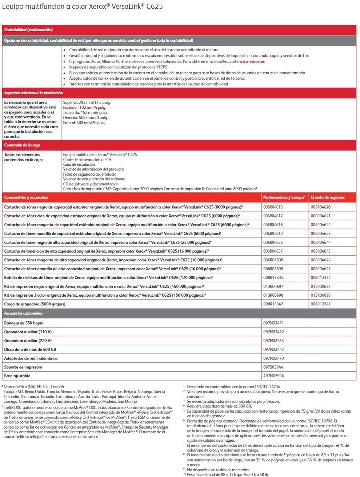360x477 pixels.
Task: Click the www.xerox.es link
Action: pos(252,61)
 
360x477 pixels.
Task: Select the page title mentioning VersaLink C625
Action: pos(83,6)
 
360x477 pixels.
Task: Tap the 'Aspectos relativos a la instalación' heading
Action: pos(33,93)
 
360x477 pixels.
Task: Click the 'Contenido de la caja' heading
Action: pos(22,145)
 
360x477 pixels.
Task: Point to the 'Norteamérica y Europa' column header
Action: pos(284,197)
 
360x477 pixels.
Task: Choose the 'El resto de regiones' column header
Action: pos(327,197)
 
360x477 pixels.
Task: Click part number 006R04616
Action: pos(273,207)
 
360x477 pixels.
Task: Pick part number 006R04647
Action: pos(320,269)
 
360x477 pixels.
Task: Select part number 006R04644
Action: pos(320,242)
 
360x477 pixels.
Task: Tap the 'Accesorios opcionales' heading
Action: pos(23,313)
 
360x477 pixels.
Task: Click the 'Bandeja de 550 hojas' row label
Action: pos(23,323)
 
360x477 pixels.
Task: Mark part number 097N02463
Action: pos(273,341)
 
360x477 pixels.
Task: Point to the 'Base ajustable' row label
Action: pos(17,376)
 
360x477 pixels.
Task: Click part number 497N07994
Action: pos(273,376)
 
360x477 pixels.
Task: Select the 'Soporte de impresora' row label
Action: pos(23,367)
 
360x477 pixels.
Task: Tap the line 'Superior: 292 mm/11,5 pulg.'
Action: pos(87,103)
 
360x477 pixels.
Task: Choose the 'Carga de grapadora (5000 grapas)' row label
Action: pos(35,304)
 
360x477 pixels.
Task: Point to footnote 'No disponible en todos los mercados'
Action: pos(218,470)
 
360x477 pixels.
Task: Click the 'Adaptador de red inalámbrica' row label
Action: pos(31,358)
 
